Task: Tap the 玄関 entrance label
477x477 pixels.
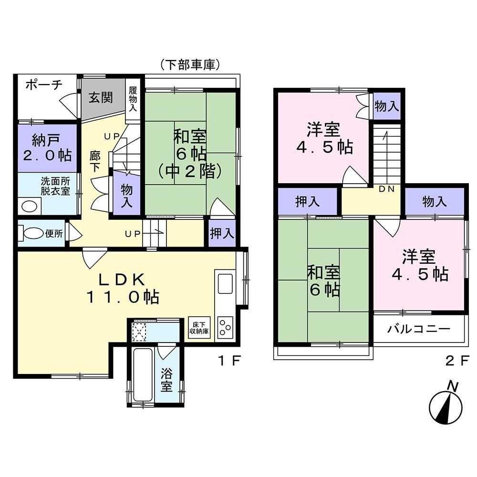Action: click(100, 98)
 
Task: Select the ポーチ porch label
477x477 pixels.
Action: click(44, 85)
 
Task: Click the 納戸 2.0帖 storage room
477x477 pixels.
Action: click(47, 148)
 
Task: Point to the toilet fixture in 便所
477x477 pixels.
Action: click(31, 233)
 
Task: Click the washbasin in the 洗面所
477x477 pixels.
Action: click(30, 207)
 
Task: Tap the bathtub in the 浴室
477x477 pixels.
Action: click(143, 374)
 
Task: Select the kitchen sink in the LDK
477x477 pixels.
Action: click(225, 283)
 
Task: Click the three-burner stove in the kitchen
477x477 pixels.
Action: click(225, 327)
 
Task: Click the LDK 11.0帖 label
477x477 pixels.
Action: click(123, 288)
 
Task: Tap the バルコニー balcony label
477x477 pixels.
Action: click(419, 329)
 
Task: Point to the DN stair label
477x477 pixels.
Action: click(386, 189)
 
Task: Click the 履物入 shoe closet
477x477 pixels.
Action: click(133, 100)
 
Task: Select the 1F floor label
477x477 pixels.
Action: click(229, 361)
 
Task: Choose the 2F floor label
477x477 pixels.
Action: click(457, 361)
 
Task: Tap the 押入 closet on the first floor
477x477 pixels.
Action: click(222, 233)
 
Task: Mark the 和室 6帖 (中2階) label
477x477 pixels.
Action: click(190, 154)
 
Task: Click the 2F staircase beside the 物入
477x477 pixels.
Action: click(387, 154)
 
